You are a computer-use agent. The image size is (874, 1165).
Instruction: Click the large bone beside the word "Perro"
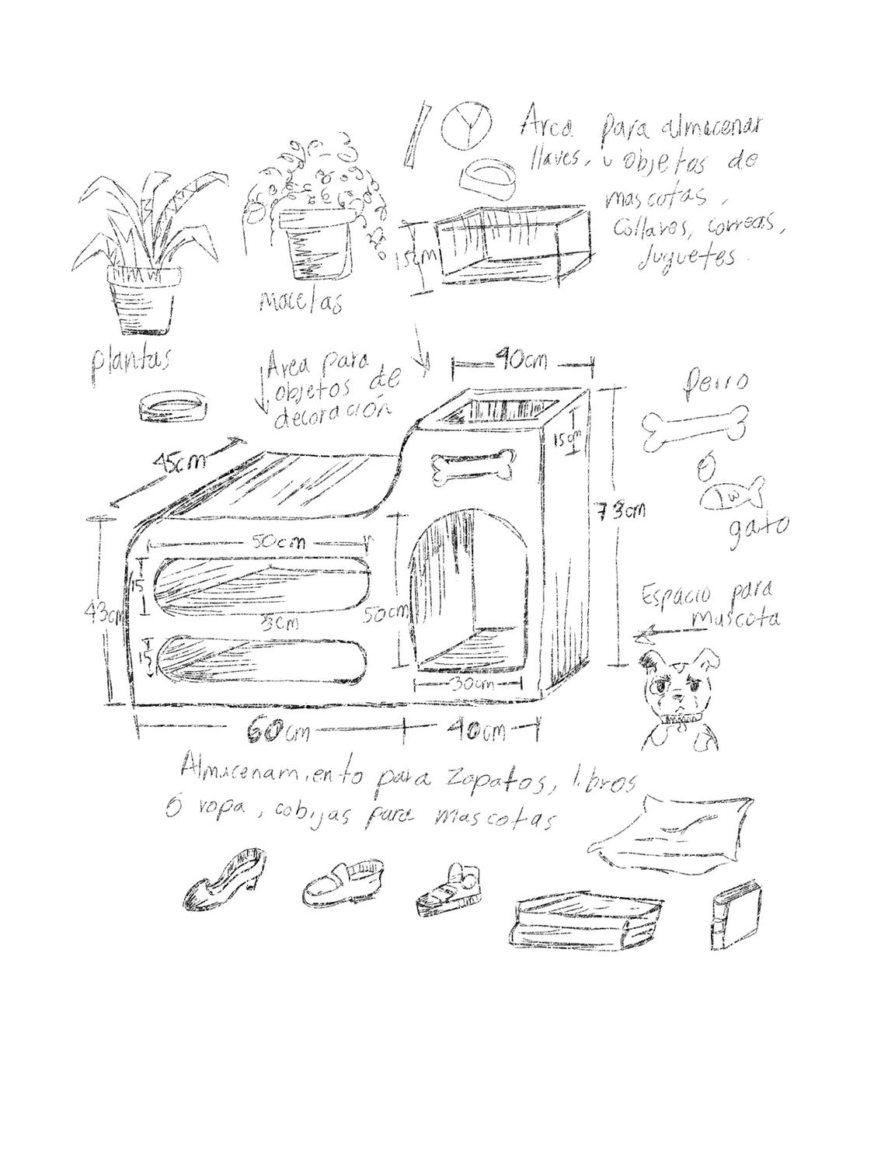[694, 429]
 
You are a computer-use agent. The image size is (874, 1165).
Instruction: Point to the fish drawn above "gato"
[733, 495]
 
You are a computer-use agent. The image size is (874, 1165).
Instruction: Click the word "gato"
[758, 530]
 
